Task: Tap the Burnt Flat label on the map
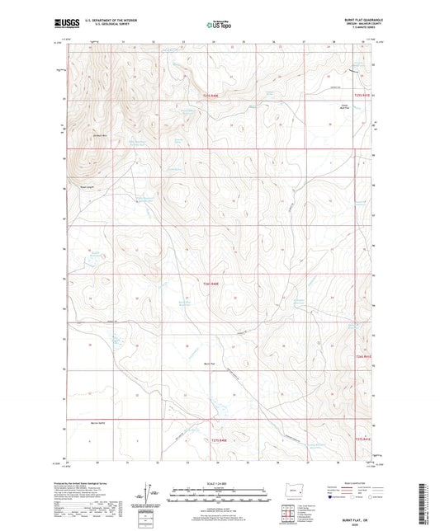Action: point(209,362)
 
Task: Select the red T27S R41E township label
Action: point(364,438)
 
